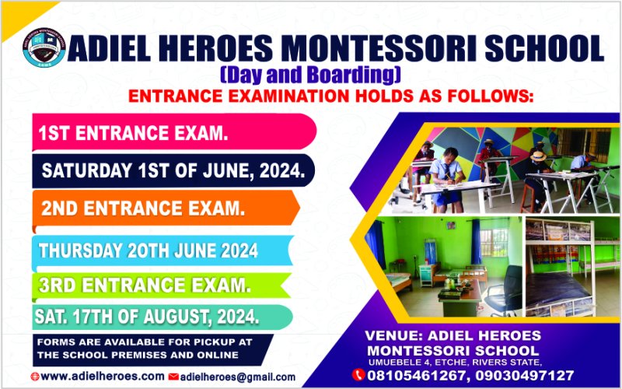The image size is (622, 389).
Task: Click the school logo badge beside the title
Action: tap(44, 47)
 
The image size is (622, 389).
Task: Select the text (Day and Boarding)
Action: tap(310, 75)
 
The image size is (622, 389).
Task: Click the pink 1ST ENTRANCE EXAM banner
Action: tap(174, 132)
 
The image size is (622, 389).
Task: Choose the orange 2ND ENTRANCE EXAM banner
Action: tap(166, 209)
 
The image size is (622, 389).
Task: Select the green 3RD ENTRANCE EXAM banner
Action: tap(162, 285)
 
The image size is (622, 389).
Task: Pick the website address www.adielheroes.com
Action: tap(103, 376)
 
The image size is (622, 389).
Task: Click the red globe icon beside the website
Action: tap(35, 377)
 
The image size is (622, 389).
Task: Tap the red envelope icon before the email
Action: tap(173, 377)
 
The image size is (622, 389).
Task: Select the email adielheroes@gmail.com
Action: tap(238, 377)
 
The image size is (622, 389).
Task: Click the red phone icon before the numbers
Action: tap(358, 375)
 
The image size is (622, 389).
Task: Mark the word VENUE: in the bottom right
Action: tap(393, 336)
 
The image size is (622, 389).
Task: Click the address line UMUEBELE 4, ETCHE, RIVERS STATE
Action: tap(455, 362)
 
